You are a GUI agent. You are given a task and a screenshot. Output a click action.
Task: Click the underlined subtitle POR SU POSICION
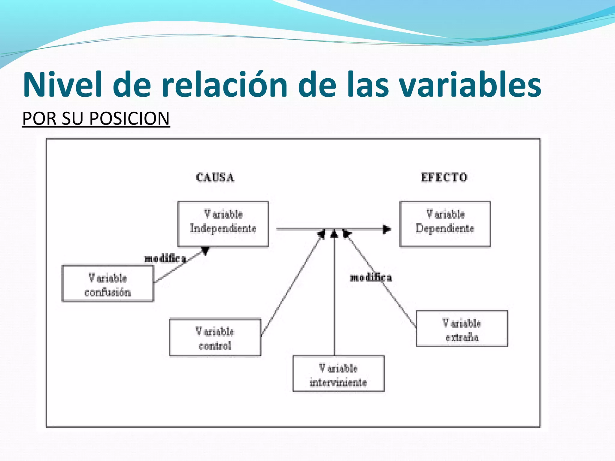pos(96,118)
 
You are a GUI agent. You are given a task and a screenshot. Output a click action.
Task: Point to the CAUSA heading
pos(215,177)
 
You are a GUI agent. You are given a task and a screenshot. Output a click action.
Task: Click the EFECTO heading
pos(444,177)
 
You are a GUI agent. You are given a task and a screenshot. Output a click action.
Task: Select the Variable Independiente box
pos(223,224)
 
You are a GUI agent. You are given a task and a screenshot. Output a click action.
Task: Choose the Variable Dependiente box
pos(445,224)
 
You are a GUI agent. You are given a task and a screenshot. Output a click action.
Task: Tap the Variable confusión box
pos(108,283)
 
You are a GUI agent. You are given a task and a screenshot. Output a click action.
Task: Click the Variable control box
pos(215,337)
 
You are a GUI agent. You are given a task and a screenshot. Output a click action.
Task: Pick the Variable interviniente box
pos(338,374)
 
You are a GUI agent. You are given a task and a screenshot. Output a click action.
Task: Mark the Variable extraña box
pos(462,329)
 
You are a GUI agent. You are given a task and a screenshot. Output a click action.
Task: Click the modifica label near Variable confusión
pos(165,258)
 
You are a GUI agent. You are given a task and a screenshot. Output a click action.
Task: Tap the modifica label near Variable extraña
pos(371,278)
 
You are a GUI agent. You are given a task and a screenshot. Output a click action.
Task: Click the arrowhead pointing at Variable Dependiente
pos(386,229)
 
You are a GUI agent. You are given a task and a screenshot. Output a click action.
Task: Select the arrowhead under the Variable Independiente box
pos(205,251)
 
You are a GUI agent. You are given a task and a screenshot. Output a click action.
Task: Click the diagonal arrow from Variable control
pos(291,285)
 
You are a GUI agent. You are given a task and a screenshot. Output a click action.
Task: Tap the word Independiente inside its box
pos(223,229)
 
